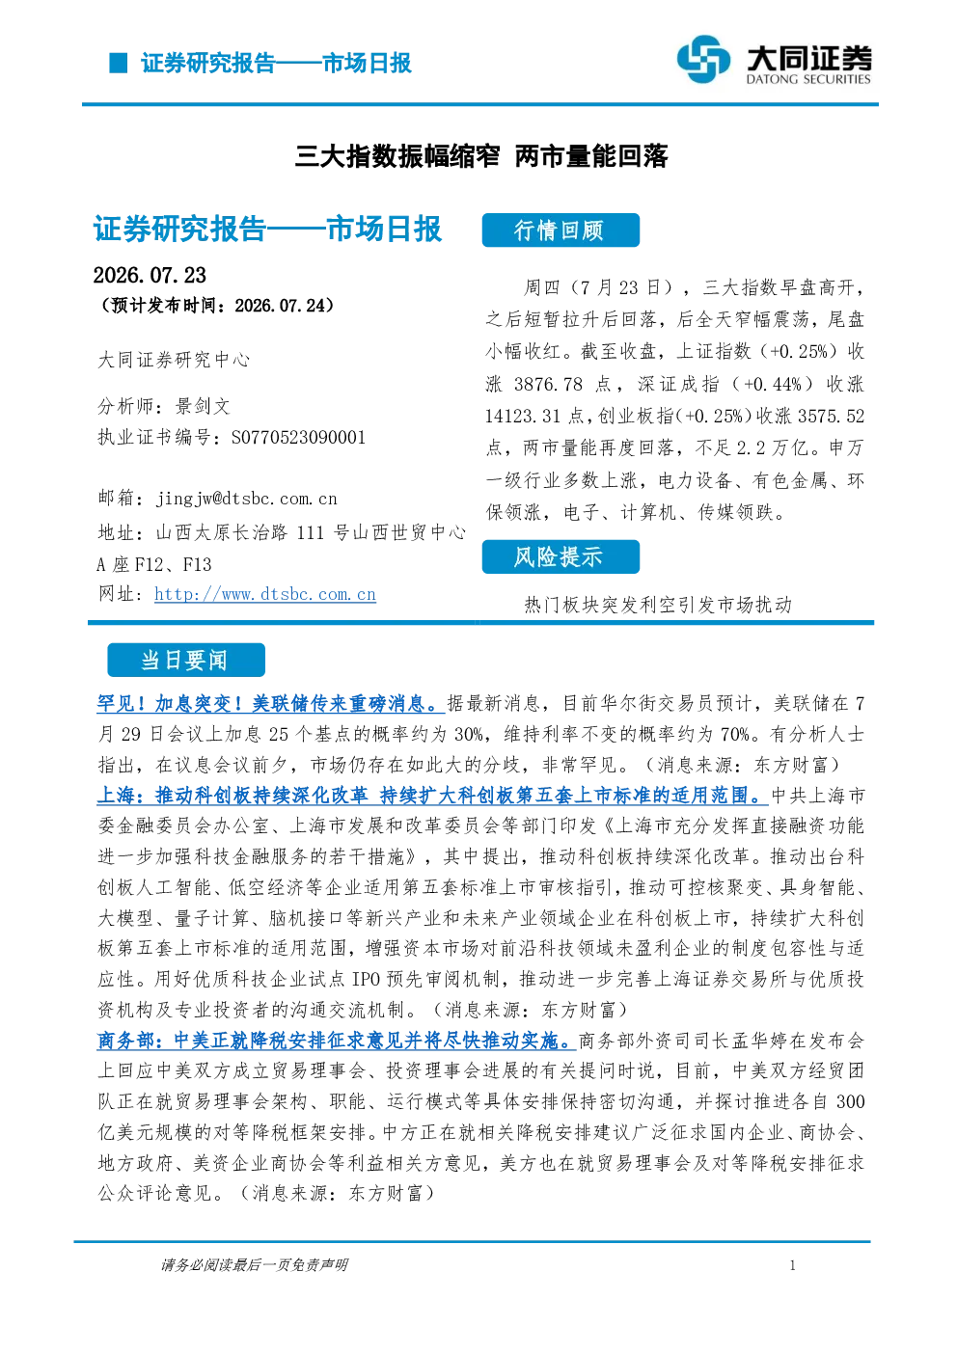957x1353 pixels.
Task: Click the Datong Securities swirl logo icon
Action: tap(703, 59)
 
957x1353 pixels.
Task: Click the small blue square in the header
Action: tap(119, 63)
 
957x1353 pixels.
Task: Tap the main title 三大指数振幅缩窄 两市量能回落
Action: tap(481, 156)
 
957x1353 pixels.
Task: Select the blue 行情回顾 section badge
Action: tap(561, 230)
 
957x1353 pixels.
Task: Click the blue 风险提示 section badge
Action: tap(561, 556)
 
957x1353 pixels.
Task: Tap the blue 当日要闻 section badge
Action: tap(186, 661)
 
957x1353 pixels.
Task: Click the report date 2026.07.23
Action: tap(150, 276)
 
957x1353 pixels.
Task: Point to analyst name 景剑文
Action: tap(203, 407)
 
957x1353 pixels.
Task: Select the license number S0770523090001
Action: tap(298, 437)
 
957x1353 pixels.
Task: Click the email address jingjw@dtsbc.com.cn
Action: tap(247, 499)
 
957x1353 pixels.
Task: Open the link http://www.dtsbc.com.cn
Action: tap(265, 594)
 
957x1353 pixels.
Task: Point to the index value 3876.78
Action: tap(549, 384)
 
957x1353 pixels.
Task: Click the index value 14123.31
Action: tap(523, 417)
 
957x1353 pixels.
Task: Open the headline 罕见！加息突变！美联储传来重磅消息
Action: tap(271, 704)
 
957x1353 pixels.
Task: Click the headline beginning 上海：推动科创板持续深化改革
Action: tap(432, 796)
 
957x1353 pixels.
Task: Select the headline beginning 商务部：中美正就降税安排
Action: tap(337, 1041)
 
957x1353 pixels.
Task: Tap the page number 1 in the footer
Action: tap(793, 1265)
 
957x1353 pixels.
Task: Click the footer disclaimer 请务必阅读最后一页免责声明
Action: tap(255, 1265)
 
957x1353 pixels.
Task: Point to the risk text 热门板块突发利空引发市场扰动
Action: tap(658, 606)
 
